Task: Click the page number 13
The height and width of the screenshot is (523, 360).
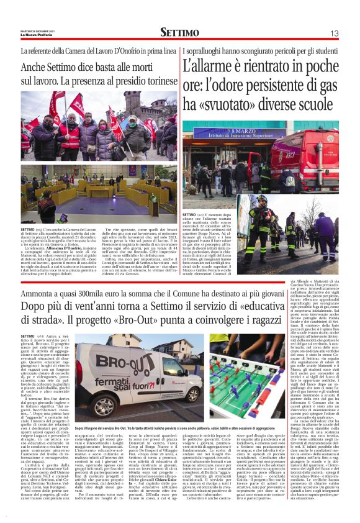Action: (334, 32)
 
